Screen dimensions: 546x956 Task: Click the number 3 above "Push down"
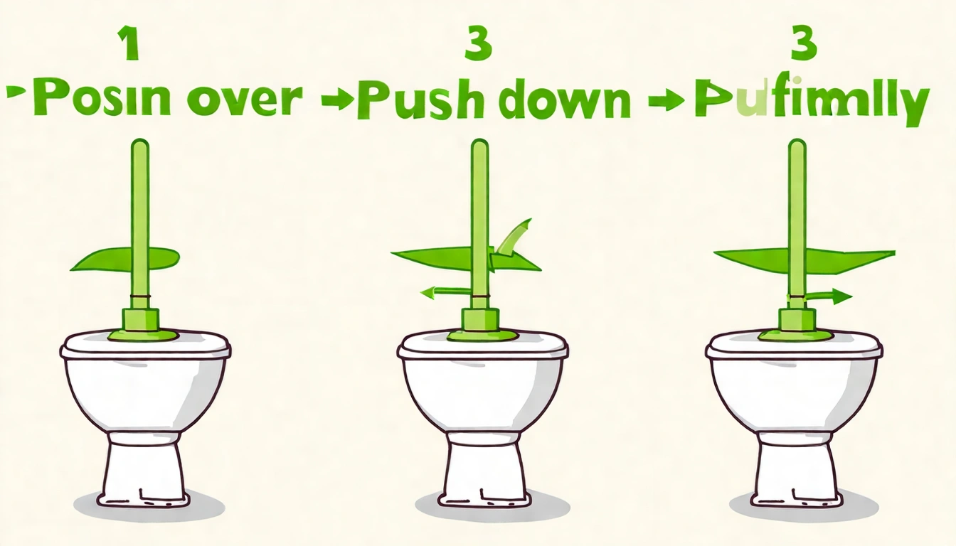coord(477,43)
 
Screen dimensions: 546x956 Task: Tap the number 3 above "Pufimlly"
coord(804,43)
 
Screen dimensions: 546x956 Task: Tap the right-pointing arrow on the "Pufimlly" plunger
coord(829,296)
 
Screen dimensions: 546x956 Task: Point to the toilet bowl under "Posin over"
coord(146,391)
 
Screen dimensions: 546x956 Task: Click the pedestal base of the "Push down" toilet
coord(484,469)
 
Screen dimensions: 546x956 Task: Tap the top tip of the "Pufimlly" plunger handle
coord(797,144)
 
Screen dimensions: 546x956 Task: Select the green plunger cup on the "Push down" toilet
coord(479,327)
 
